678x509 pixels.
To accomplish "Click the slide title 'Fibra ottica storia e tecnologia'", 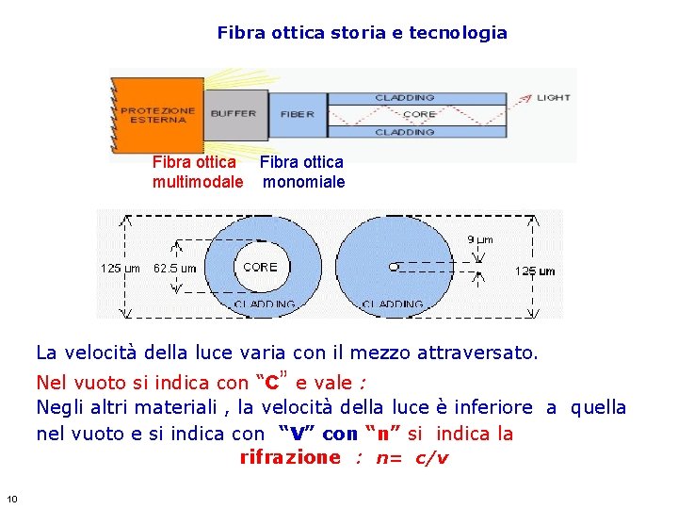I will click(362, 33).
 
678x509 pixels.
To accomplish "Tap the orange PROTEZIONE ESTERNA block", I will click(157, 115).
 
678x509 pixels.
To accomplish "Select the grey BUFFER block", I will click(234, 114).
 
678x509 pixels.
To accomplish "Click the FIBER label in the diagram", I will click(298, 114).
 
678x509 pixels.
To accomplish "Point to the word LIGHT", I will click(553, 97).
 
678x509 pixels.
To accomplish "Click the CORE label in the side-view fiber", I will click(419, 115).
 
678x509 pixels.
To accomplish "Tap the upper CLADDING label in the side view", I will click(405, 97).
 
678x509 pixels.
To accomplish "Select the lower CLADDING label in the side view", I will click(405, 133).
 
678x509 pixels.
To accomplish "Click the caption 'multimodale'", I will click(198, 182).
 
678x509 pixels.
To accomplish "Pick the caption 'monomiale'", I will click(303, 182).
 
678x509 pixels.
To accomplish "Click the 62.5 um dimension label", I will click(175, 269).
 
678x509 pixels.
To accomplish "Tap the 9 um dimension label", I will click(479, 240).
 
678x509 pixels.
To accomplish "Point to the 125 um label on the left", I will click(121, 269).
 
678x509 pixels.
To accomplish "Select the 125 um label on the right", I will click(534, 271).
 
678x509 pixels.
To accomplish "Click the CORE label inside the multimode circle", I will click(260, 267).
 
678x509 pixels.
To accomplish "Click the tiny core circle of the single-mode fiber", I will click(394, 267).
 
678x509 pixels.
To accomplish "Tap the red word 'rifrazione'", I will click(289, 458).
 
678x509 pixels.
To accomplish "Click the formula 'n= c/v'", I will click(412, 459).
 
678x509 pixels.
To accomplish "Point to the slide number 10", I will click(11, 499).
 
